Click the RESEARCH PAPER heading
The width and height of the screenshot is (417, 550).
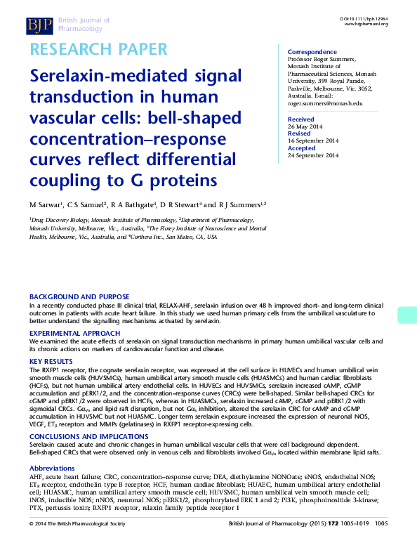[98, 49]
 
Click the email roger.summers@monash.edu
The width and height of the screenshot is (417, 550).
[325, 103]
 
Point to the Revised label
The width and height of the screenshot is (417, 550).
[299, 133]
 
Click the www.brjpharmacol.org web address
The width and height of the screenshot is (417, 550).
[366, 24]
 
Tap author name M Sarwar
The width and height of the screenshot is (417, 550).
[44, 204]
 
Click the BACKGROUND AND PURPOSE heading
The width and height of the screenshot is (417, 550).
[79, 297]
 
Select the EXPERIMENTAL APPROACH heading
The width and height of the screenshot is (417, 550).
[74, 332]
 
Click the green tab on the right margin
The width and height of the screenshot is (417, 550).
[407, 315]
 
